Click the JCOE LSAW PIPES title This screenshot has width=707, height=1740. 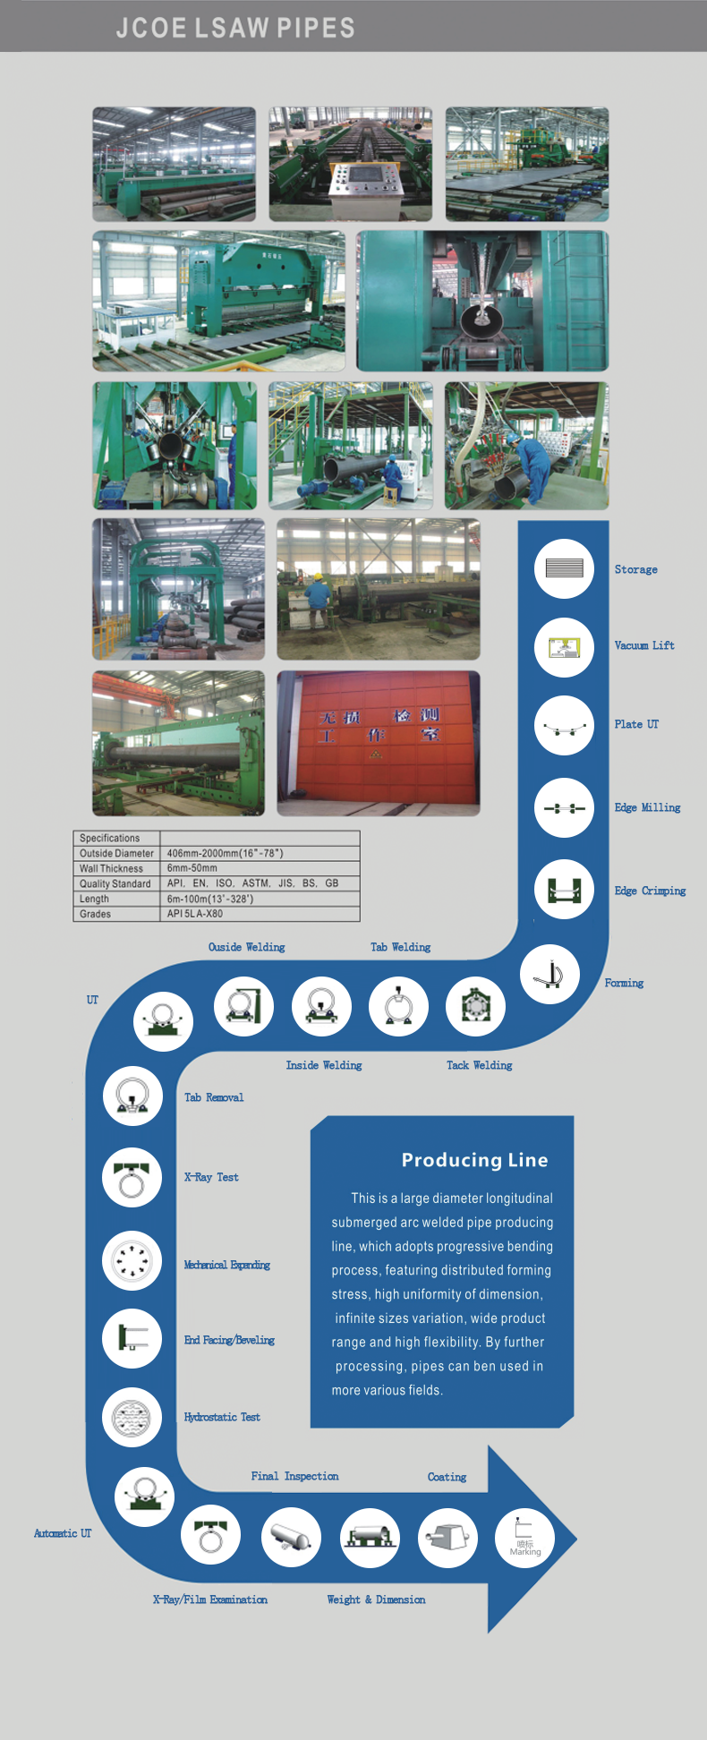point(235,28)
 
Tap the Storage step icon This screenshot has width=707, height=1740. point(564,568)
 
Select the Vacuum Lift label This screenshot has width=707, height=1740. point(644,645)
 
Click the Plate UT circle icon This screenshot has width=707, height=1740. point(564,726)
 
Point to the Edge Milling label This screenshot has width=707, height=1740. point(647,807)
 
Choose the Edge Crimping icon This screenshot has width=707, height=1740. point(564,890)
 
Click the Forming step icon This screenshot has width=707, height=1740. point(549,974)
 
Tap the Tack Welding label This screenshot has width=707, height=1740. point(480,1065)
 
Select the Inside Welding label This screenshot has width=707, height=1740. point(324,1065)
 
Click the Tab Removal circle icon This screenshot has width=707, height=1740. point(132,1096)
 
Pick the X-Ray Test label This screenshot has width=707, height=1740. point(211,1177)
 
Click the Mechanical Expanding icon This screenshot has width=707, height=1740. point(132,1261)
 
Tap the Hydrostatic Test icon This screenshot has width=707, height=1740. point(132,1418)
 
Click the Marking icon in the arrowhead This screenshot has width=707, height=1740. point(524,1539)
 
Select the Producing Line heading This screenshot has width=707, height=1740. point(474,1160)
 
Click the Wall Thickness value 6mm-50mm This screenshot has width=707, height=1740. point(192,868)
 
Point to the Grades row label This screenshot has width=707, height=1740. point(95,914)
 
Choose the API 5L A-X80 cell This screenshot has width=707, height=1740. point(195,914)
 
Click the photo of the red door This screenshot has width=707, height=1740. point(378,743)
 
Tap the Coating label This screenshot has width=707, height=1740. point(447,1477)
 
